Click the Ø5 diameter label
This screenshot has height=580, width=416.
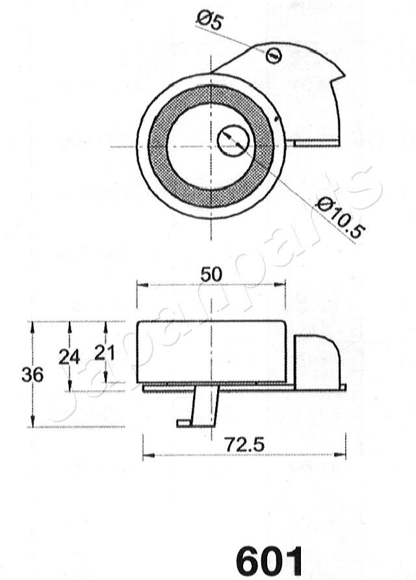[x=210, y=21]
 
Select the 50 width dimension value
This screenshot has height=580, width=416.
[x=211, y=274]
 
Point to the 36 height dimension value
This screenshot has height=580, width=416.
[x=32, y=375]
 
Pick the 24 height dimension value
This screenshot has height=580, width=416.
[x=69, y=357]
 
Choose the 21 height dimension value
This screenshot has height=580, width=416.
[x=105, y=353]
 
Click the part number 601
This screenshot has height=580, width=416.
[x=269, y=559]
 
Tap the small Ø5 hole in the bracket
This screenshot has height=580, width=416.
[x=274, y=55]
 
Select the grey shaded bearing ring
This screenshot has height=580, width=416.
[x=158, y=146]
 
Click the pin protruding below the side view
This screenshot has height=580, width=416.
[x=201, y=406]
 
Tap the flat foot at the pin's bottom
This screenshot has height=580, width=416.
[x=185, y=423]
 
